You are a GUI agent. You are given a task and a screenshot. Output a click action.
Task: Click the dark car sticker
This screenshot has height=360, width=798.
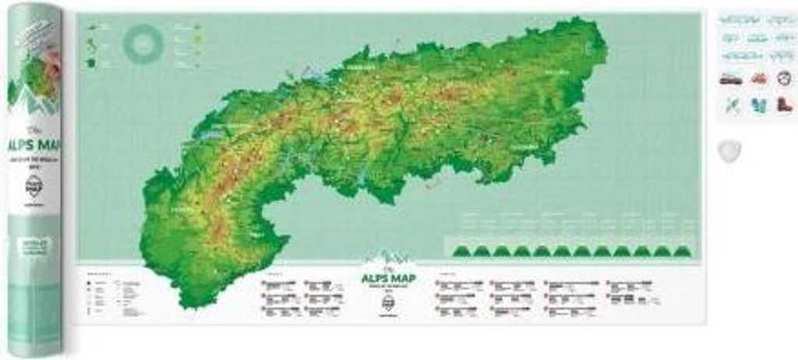(729, 78)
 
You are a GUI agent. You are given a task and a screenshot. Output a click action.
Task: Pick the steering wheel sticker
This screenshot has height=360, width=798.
(784, 78)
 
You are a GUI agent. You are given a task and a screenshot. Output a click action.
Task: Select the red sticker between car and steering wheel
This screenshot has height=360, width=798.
(758, 78)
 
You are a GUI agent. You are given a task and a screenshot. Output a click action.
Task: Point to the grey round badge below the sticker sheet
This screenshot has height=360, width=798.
(730, 150)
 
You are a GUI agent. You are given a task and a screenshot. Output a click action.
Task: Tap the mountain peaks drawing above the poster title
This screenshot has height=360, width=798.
(390, 258)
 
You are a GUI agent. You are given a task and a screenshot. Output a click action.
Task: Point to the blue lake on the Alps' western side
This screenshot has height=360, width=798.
(209, 133)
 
